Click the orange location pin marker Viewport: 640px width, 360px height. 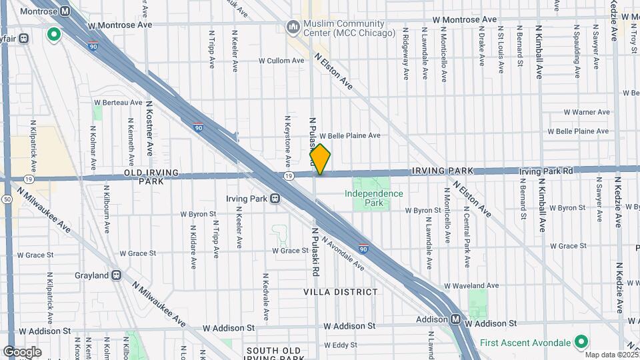coord(320,159)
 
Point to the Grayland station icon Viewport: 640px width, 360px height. coord(117,275)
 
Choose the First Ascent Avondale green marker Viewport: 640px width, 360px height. coord(581,342)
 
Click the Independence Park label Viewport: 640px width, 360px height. coord(374,198)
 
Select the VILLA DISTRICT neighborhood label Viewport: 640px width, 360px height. coord(340,292)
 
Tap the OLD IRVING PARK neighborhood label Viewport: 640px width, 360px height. coord(143,177)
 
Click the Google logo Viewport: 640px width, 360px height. coord(22,351)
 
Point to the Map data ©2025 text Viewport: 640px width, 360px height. coord(611,355)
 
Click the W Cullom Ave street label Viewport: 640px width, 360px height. coord(281,60)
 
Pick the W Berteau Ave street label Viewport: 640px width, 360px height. coord(119,103)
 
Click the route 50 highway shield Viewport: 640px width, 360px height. coord(6,199)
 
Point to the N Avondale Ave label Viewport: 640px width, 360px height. coord(343,254)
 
